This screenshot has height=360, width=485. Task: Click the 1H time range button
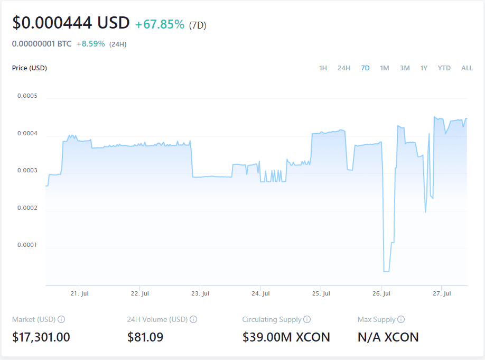(x=323, y=68)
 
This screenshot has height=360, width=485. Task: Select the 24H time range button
(x=344, y=68)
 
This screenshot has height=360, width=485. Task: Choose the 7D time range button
(x=365, y=68)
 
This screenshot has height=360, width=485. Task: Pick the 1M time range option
(x=385, y=68)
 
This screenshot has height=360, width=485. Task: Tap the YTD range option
(x=444, y=68)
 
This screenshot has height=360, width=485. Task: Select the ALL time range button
(x=467, y=68)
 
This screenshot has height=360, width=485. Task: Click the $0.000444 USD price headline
(x=71, y=23)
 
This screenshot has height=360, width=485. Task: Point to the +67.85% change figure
(x=160, y=24)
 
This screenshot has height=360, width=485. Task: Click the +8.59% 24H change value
(x=90, y=44)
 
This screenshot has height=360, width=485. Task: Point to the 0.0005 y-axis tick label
(x=27, y=96)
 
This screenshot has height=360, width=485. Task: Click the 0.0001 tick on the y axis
(x=27, y=245)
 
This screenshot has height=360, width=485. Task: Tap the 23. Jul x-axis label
(x=200, y=293)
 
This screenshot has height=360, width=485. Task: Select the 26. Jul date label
(x=381, y=293)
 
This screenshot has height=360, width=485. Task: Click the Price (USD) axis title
(x=30, y=68)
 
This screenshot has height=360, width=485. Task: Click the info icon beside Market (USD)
(x=61, y=319)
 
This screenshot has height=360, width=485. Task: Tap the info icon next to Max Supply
(x=401, y=319)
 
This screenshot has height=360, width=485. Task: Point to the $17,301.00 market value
(x=41, y=337)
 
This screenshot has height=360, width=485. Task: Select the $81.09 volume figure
(x=145, y=337)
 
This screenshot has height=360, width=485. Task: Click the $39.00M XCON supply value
(x=286, y=337)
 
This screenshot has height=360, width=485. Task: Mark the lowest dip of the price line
(x=386, y=271)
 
